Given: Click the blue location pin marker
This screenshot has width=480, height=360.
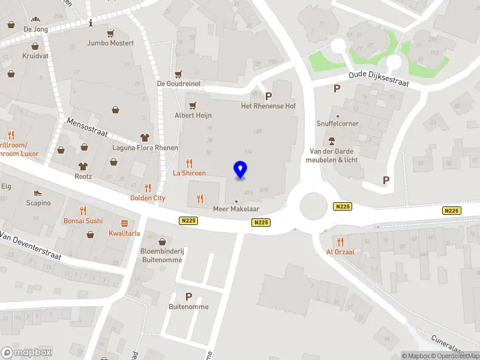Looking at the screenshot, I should (241, 170).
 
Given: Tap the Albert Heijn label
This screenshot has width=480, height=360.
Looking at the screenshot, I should (193, 115).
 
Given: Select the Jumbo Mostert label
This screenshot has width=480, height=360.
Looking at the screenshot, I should (110, 43).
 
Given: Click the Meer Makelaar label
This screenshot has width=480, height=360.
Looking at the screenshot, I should (236, 209).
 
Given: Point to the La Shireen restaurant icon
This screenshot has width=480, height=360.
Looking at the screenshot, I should (190, 163).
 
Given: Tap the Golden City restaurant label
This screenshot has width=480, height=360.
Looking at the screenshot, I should (148, 198).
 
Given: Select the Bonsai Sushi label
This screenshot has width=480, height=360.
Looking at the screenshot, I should (83, 221).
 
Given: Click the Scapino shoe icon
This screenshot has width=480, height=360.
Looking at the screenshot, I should (38, 193).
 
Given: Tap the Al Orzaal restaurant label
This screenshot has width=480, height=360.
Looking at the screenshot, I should (340, 252).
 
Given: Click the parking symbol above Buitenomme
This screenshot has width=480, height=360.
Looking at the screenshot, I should (188, 296).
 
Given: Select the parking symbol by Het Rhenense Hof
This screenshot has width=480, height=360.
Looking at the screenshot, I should (268, 96).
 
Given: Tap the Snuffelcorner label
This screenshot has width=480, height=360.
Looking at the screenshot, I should (338, 124).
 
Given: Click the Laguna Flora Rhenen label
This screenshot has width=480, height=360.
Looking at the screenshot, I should (145, 148).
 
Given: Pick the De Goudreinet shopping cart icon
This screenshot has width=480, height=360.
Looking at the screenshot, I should (178, 74).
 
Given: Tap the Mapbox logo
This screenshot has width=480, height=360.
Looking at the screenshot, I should (26, 353).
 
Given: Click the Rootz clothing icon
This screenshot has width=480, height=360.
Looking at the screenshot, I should (83, 166).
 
